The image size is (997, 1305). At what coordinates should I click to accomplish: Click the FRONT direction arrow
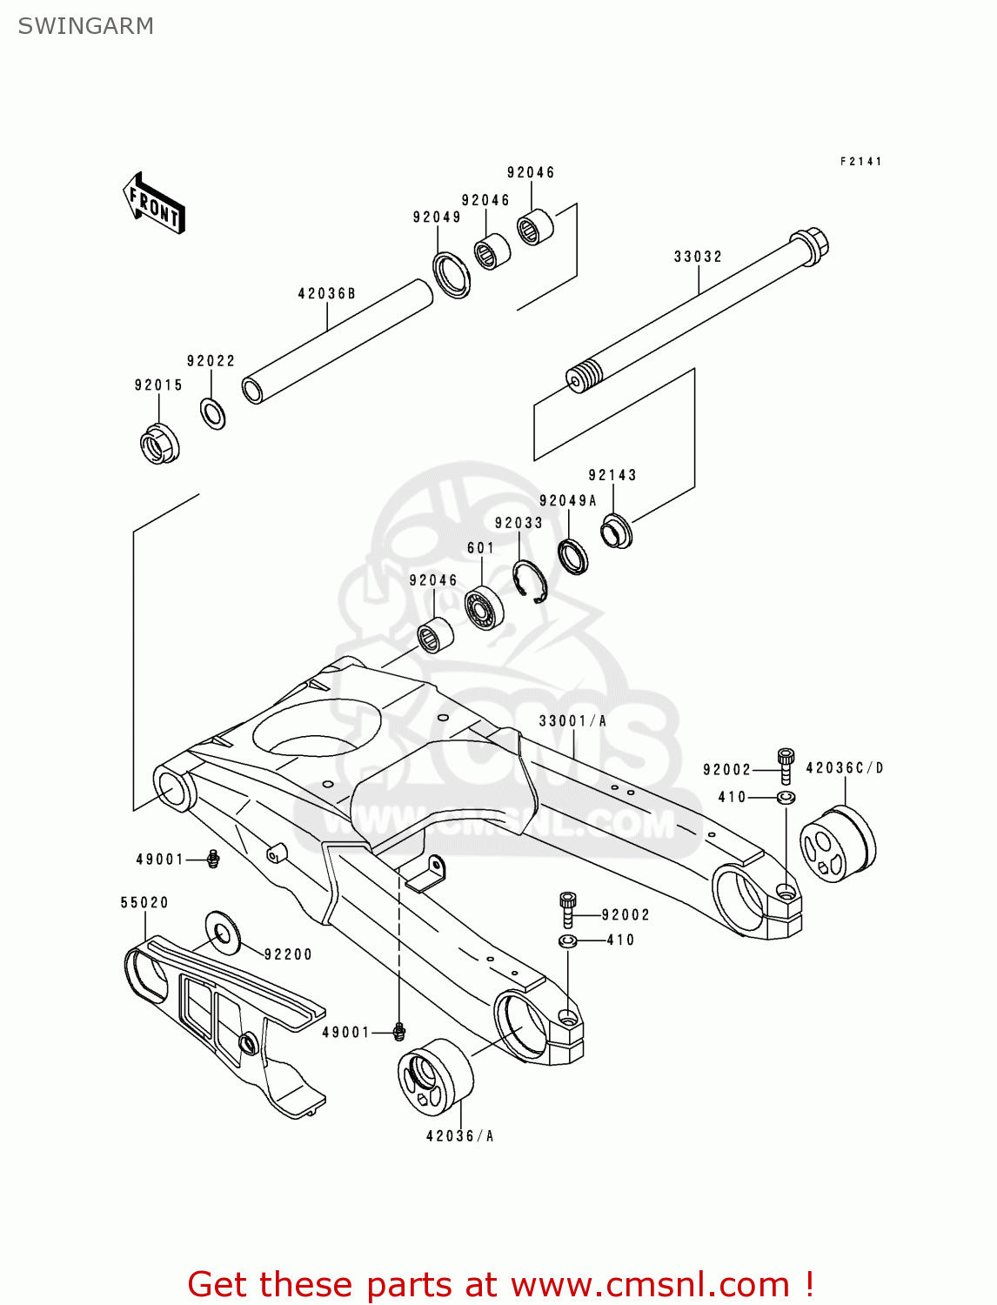pyautogui.click(x=154, y=204)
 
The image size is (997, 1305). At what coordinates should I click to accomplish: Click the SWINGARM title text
pyautogui.click(x=85, y=26)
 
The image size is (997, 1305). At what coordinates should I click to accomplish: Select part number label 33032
pyautogui.click(x=698, y=257)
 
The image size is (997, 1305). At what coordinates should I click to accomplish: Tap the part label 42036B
pyautogui.click(x=326, y=294)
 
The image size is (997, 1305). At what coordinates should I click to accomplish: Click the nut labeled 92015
pyautogui.click(x=159, y=444)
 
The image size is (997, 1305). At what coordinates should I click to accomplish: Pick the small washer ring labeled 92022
pyautogui.click(x=213, y=412)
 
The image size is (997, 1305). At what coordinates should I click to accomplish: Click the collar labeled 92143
pyautogui.click(x=617, y=532)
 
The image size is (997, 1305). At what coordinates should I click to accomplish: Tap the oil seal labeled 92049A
pyautogui.click(x=572, y=556)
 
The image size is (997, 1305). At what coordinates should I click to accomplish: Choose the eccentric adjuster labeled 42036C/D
pyautogui.click(x=837, y=845)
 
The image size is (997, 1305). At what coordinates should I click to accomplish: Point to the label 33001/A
pyautogui.click(x=572, y=721)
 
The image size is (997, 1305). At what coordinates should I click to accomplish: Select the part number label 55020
pyautogui.click(x=144, y=903)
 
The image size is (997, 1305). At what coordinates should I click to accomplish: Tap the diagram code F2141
pyautogui.click(x=860, y=161)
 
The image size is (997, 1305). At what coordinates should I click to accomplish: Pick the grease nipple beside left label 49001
pyautogui.click(x=213, y=860)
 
